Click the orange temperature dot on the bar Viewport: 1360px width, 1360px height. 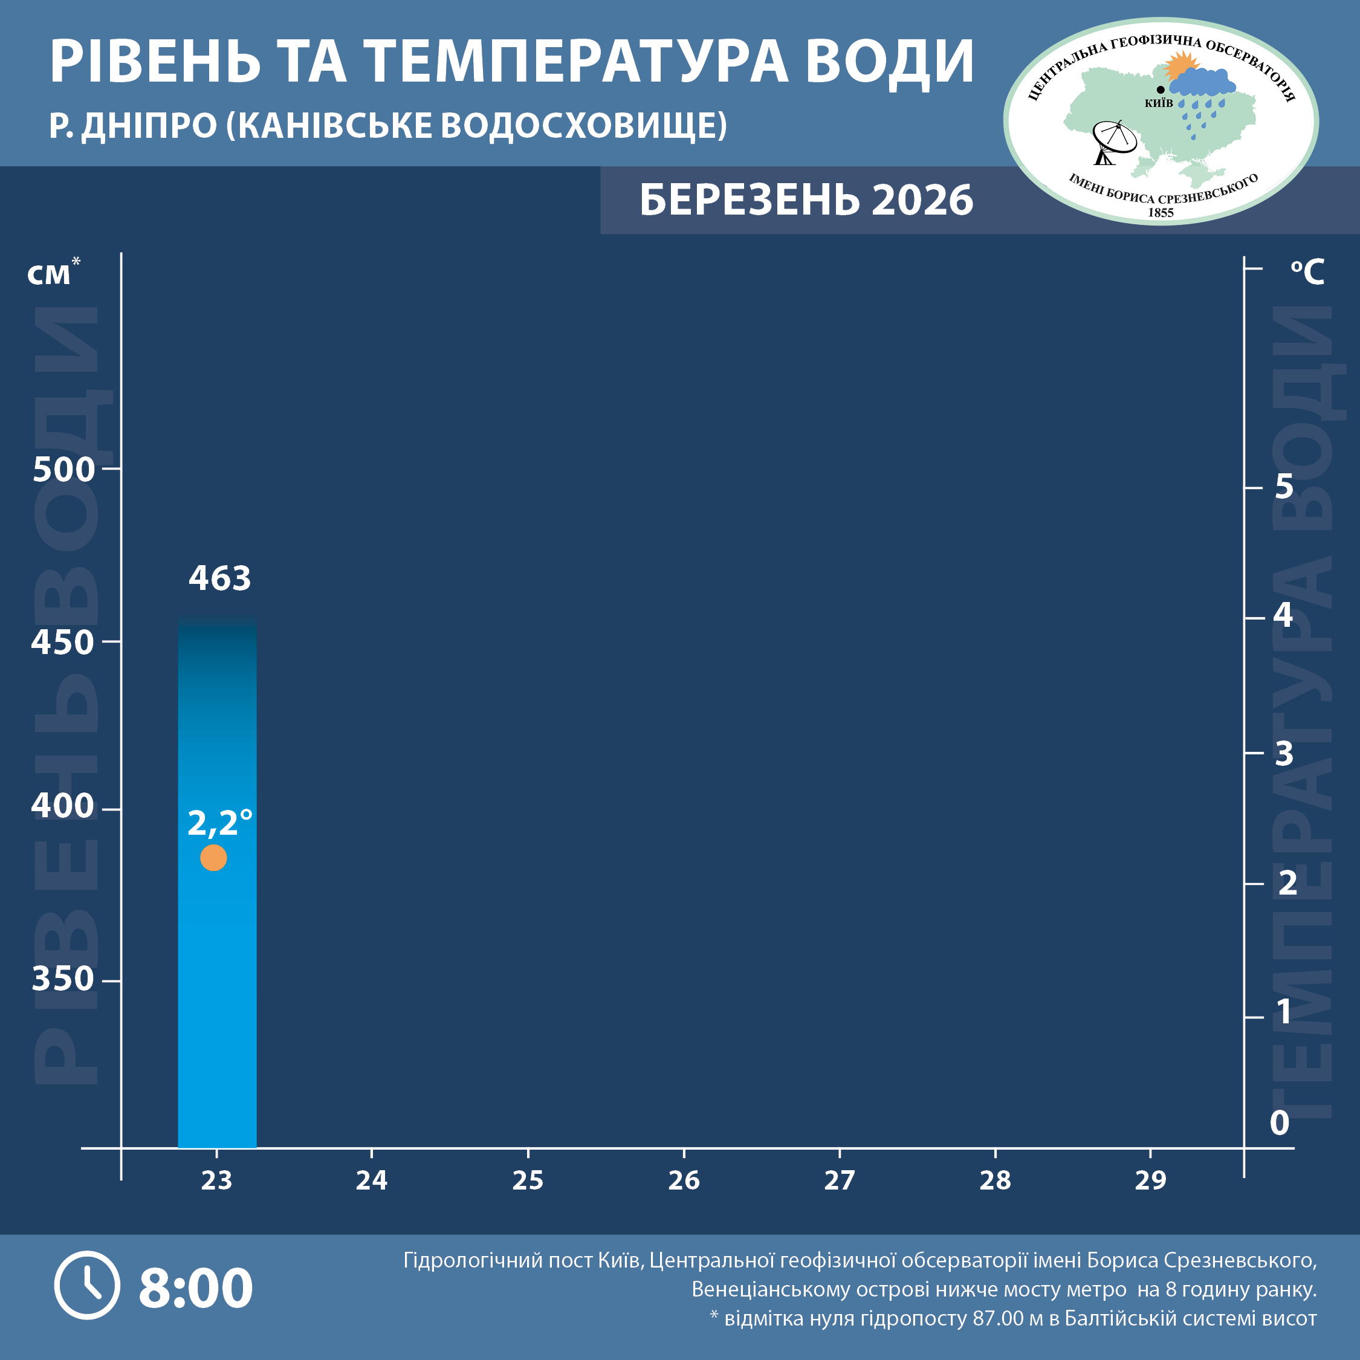click(213, 857)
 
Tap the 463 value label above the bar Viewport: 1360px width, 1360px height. click(219, 578)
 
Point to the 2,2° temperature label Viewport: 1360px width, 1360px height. click(219, 822)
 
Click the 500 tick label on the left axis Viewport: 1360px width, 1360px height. click(63, 470)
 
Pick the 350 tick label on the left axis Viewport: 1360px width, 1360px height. click(63, 979)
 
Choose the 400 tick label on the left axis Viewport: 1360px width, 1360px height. click(63, 805)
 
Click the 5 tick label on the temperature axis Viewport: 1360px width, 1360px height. click(1284, 487)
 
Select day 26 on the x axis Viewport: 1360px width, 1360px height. click(684, 1180)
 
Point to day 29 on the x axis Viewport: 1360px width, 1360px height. click(1150, 1180)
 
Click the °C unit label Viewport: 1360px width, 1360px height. click(1307, 272)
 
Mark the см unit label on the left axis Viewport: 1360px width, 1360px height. click(50, 274)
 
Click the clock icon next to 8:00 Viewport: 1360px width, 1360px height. click(87, 1284)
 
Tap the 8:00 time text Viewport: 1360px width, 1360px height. click(196, 1287)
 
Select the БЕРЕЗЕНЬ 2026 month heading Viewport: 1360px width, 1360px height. click(806, 200)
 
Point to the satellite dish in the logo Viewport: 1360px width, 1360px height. click(1112, 141)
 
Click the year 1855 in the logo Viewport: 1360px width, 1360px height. click(1161, 213)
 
